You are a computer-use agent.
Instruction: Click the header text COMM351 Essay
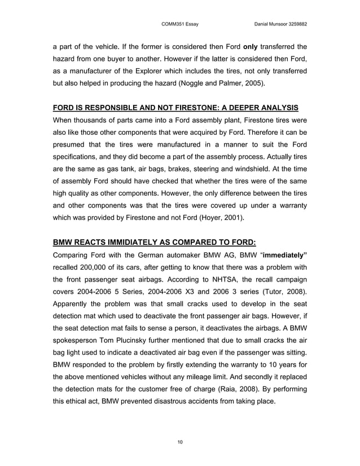179,24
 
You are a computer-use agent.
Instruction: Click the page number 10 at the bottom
179,441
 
